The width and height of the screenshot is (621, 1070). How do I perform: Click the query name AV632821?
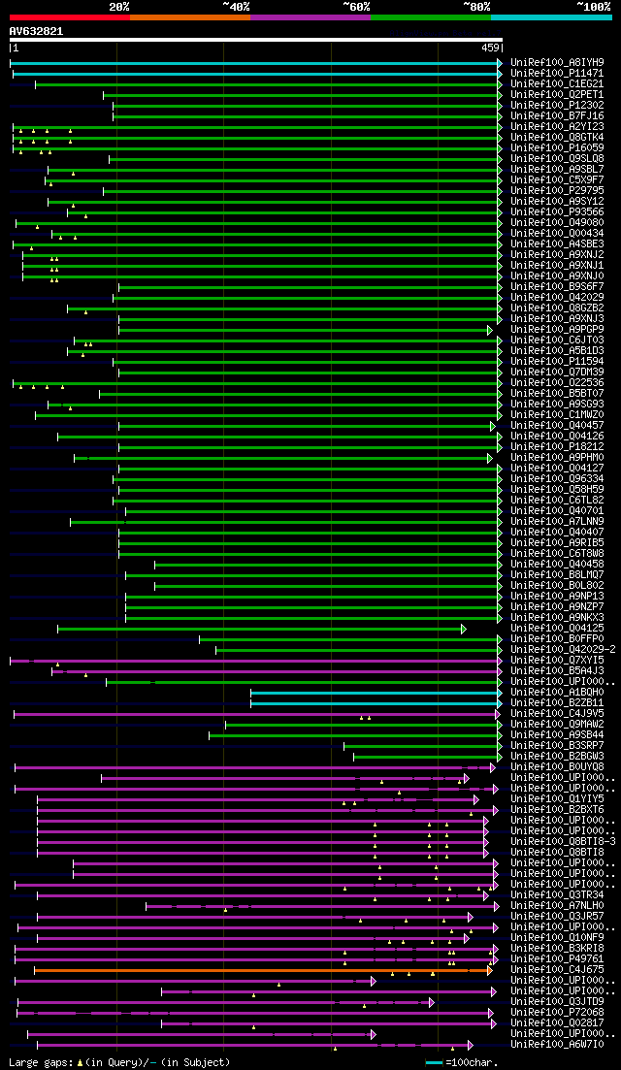[36, 31]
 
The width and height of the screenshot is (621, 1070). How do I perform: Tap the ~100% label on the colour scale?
[592, 6]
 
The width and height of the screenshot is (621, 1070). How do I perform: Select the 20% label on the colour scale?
[119, 6]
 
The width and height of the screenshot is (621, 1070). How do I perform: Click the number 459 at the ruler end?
[489, 48]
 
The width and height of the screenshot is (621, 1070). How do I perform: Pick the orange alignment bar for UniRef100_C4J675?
[262, 969]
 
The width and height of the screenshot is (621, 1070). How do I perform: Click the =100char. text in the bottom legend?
[471, 1062]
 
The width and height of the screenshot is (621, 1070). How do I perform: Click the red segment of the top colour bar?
[68, 16]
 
